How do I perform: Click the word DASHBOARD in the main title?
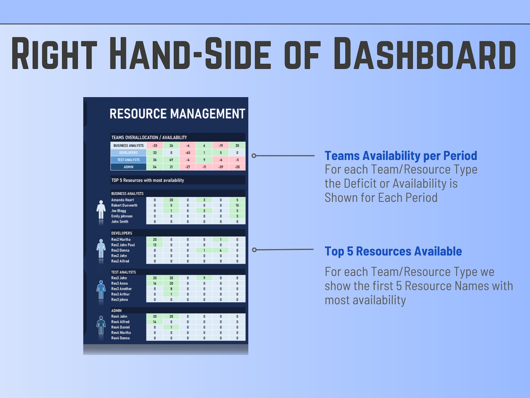pos(425,53)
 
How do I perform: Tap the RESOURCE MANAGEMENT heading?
pos(177,114)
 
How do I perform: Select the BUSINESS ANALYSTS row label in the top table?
pos(128,146)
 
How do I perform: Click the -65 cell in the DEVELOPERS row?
pos(188,153)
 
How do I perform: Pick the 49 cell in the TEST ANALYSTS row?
pos(171,160)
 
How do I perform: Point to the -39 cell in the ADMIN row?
pos(221,167)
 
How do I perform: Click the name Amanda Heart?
pos(122,200)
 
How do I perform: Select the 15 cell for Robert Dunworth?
pos(237,205)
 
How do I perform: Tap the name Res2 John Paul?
pos(123,245)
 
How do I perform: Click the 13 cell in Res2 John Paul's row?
pos(155,245)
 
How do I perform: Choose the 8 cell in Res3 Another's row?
pos(171,289)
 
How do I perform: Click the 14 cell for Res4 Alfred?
pos(155,322)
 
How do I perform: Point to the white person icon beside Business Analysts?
pos(101,210)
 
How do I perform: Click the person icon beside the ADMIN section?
pos(101,326)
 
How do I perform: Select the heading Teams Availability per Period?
pos(401,156)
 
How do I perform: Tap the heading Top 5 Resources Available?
pos(393,251)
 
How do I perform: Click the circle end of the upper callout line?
pos(254,156)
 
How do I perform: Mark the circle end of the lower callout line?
pos(254,250)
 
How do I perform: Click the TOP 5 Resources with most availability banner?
pos(148,180)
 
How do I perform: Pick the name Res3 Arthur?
pos(120,294)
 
